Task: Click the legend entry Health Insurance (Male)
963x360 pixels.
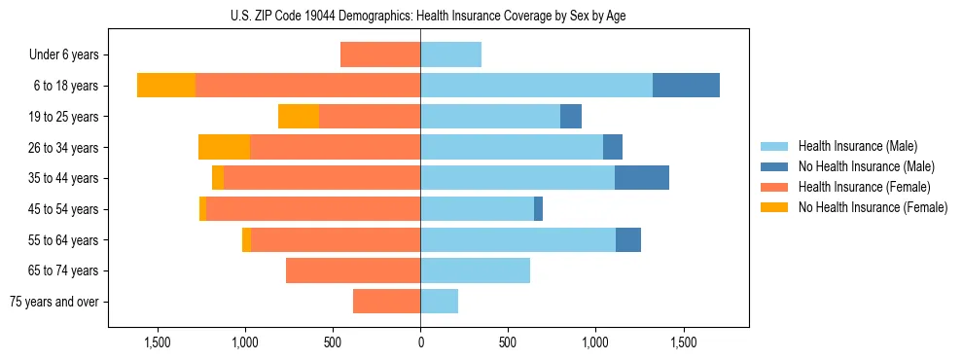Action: click(857, 146)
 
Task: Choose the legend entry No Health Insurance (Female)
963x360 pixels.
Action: click(873, 207)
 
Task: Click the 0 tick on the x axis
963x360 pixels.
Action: click(420, 342)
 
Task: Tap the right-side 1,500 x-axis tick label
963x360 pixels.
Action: click(683, 342)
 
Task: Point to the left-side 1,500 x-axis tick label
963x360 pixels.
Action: click(158, 342)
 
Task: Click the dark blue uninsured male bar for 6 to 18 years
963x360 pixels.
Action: click(686, 86)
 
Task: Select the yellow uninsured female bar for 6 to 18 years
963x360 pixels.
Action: click(166, 86)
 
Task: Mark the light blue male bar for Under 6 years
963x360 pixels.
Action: click(450, 54)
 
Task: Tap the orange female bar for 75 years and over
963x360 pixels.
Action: click(386, 302)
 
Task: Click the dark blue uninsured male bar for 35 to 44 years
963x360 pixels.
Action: click(642, 178)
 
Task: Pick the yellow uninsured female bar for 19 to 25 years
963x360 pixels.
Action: click(299, 117)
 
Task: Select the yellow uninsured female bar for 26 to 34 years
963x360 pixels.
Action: click(224, 147)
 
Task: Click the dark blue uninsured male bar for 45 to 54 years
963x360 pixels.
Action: click(538, 209)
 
